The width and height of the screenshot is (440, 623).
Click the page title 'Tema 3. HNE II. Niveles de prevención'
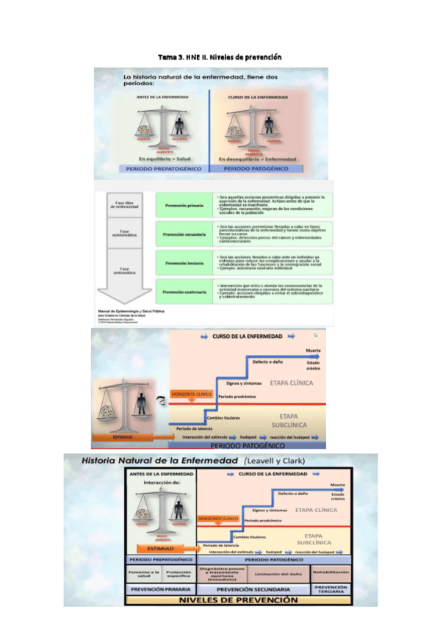220,57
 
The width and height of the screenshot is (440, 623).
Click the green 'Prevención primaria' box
184,206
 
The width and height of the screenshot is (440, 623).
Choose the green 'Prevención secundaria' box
184,234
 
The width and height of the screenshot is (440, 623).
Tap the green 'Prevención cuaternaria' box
184,292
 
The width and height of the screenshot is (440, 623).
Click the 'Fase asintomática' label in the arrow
124,233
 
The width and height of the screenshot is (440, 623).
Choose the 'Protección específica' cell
178,573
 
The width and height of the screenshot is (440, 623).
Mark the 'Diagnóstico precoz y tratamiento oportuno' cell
220,573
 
